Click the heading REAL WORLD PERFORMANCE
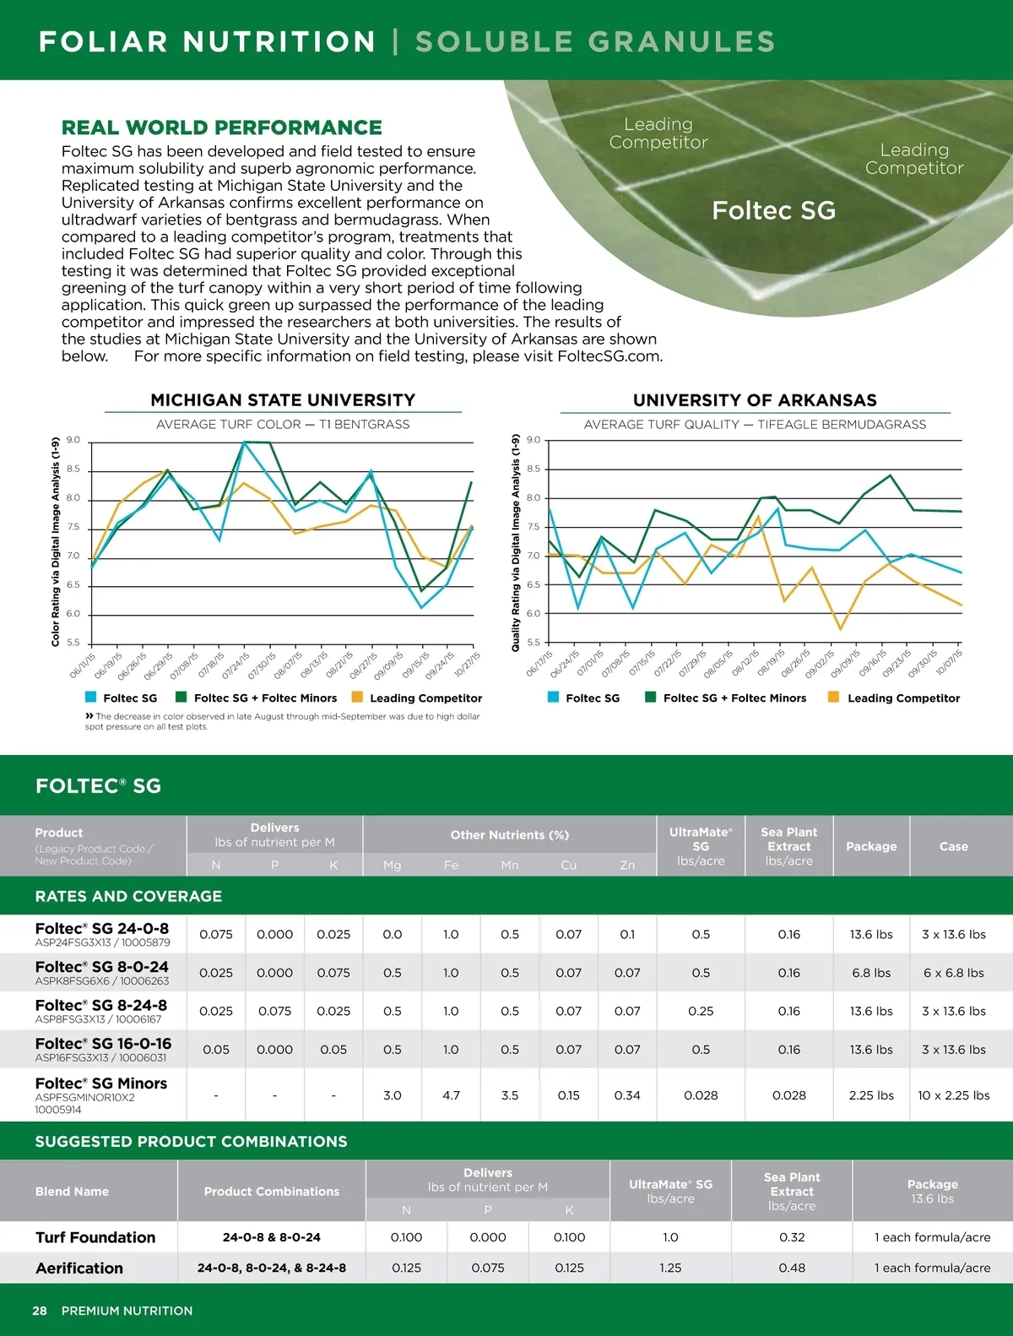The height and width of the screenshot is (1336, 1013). (x=221, y=128)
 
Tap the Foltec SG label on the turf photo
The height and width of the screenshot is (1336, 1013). (x=773, y=210)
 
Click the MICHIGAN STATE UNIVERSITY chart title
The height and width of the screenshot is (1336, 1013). (x=283, y=400)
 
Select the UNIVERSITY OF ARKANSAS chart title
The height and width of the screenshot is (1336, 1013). (x=755, y=400)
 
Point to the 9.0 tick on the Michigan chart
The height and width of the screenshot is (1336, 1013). (x=73, y=440)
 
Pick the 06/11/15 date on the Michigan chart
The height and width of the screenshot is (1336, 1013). (x=83, y=665)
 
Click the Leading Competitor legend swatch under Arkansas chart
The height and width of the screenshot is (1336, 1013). (x=834, y=698)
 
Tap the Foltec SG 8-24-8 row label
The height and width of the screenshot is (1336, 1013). (x=101, y=1006)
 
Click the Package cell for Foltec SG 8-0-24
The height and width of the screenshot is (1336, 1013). (x=871, y=973)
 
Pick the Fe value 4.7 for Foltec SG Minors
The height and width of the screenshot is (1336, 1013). (x=451, y=1095)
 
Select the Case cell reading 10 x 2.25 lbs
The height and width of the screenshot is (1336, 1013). (x=953, y=1095)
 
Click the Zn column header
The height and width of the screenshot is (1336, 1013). (x=627, y=866)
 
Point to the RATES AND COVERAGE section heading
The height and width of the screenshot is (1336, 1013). (x=128, y=896)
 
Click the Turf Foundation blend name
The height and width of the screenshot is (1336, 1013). (x=95, y=1237)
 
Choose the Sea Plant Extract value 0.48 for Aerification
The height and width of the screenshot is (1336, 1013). (x=792, y=1268)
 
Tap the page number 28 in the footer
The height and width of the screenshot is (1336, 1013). (x=40, y=1311)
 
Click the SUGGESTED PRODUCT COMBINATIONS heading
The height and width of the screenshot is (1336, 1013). (x=191, y=1142)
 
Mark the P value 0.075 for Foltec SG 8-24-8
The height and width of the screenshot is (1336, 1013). (x=274, y=1011)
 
